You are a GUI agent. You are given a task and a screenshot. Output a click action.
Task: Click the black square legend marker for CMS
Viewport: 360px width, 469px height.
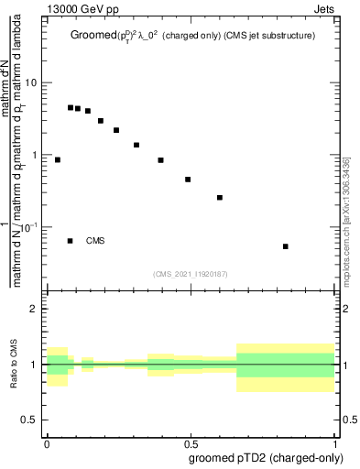point(71,241)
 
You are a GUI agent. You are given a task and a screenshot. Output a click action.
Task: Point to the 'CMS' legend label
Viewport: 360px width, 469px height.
point(95,241)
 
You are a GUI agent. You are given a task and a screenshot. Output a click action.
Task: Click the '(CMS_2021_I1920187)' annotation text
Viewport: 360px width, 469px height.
point(191,273)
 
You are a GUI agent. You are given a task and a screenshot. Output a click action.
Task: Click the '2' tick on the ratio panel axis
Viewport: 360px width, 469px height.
point(34,310)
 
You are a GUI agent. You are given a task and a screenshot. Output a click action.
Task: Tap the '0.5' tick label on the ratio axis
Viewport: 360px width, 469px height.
point(29,420)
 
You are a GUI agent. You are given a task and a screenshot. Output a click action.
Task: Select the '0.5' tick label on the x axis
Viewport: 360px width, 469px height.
point(191,443)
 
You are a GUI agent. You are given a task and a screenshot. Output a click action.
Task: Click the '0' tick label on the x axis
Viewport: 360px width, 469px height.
point(46,443)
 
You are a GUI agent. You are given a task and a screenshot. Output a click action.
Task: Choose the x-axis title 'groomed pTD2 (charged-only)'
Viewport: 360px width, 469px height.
point(265,458)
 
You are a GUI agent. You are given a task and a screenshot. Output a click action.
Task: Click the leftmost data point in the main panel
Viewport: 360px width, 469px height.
point(57,159)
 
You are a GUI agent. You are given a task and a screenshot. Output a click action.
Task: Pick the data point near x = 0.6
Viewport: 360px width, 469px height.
point(220,197)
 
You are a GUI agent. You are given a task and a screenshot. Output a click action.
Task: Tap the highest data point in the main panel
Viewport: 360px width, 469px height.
point(71,107)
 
